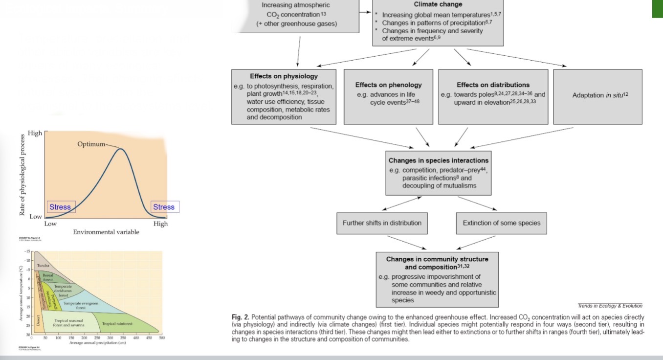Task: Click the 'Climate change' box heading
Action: coord(438,4)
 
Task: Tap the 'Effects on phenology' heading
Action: coord(388,85)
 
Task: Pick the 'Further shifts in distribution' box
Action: coord(382,223)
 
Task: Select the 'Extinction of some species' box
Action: coord(501,223)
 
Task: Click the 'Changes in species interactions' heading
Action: coord(438,160)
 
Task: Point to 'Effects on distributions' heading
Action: coord(493,85)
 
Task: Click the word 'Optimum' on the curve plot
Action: coord(91,144)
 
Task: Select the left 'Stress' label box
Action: coord(60,207)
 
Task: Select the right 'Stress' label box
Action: coord(164,207)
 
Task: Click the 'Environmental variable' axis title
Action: coord(106,232)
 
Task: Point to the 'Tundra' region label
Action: coord(43,265)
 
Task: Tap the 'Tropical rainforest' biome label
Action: coord(117,323)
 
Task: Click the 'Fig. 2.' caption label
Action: coord(240,317)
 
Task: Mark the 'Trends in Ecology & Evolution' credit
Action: coord(610,306)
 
